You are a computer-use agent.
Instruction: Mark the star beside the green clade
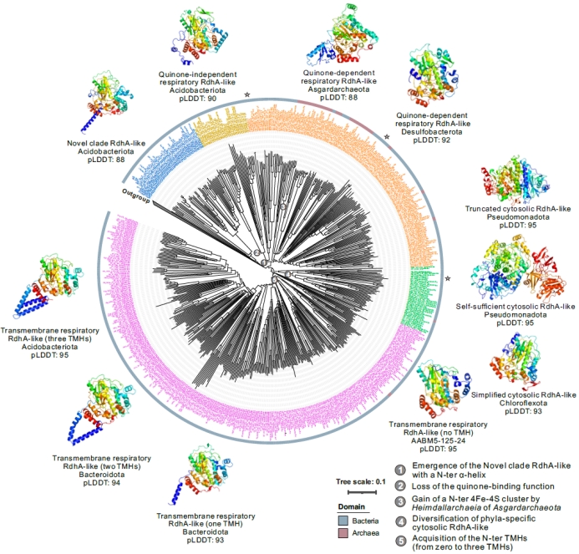[448, 278]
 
